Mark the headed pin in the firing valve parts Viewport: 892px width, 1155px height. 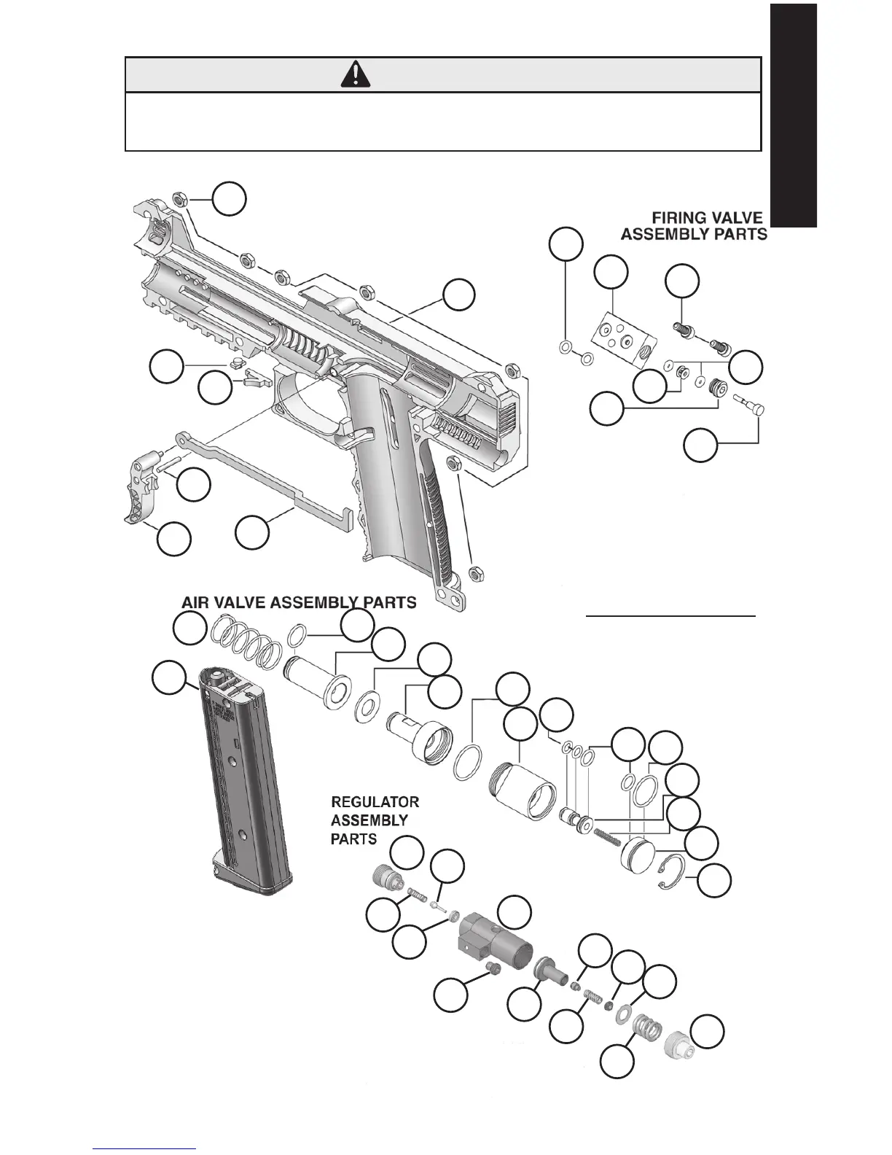[x=746, y=401]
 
